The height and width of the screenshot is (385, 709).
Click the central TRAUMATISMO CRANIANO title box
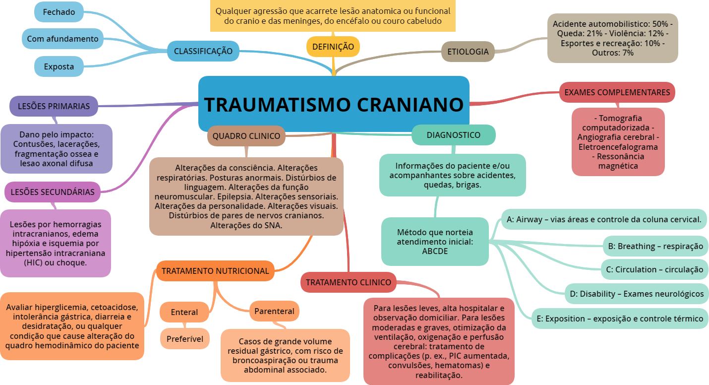[x=334, y=104]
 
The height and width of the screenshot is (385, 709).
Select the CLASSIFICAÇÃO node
[x=203, y=51]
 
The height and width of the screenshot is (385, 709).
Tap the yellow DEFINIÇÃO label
[x=333, y=47]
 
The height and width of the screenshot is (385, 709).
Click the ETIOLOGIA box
[x=468, y=52]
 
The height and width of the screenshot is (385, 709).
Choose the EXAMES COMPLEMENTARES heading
[x=617, y=92]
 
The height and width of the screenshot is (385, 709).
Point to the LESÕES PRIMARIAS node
[x=54, y=106]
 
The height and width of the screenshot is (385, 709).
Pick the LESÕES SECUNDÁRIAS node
[x=52, y=192]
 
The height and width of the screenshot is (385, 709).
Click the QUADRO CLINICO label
[x=246, y=136]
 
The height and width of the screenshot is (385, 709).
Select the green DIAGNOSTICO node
[x=453, y=135]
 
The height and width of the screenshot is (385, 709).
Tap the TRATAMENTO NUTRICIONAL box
[x=215, y=271]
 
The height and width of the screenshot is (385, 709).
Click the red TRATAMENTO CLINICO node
[x=348, y=282]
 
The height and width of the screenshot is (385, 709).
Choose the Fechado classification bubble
[x=59, y=12]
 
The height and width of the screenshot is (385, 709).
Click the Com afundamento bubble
[x=62, y=39]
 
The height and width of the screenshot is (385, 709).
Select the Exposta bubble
[x=59, y=66]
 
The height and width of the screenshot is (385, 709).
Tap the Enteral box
[x=184, y=312]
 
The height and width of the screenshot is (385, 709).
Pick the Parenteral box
[x=274, y=311]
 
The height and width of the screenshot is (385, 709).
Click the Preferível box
[x=184, y=339]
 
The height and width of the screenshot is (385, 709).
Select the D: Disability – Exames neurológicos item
[x=636, y=294]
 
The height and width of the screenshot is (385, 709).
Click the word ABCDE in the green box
[x=434, y=251]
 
